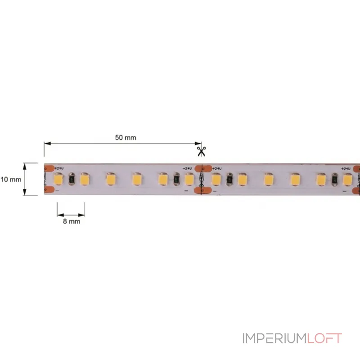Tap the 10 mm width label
[11, 179]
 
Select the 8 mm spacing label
[71, 221]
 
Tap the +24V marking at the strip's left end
[58, 168]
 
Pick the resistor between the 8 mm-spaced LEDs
[71, 180]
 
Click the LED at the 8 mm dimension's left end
[58, 179]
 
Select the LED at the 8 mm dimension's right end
[84, 179]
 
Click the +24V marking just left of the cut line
[187, 168]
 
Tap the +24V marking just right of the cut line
[218, 168]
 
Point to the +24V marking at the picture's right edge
[346, 168]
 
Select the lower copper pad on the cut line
[201, 190]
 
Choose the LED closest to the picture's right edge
[347, 180]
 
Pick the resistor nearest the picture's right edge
[334, 180]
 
